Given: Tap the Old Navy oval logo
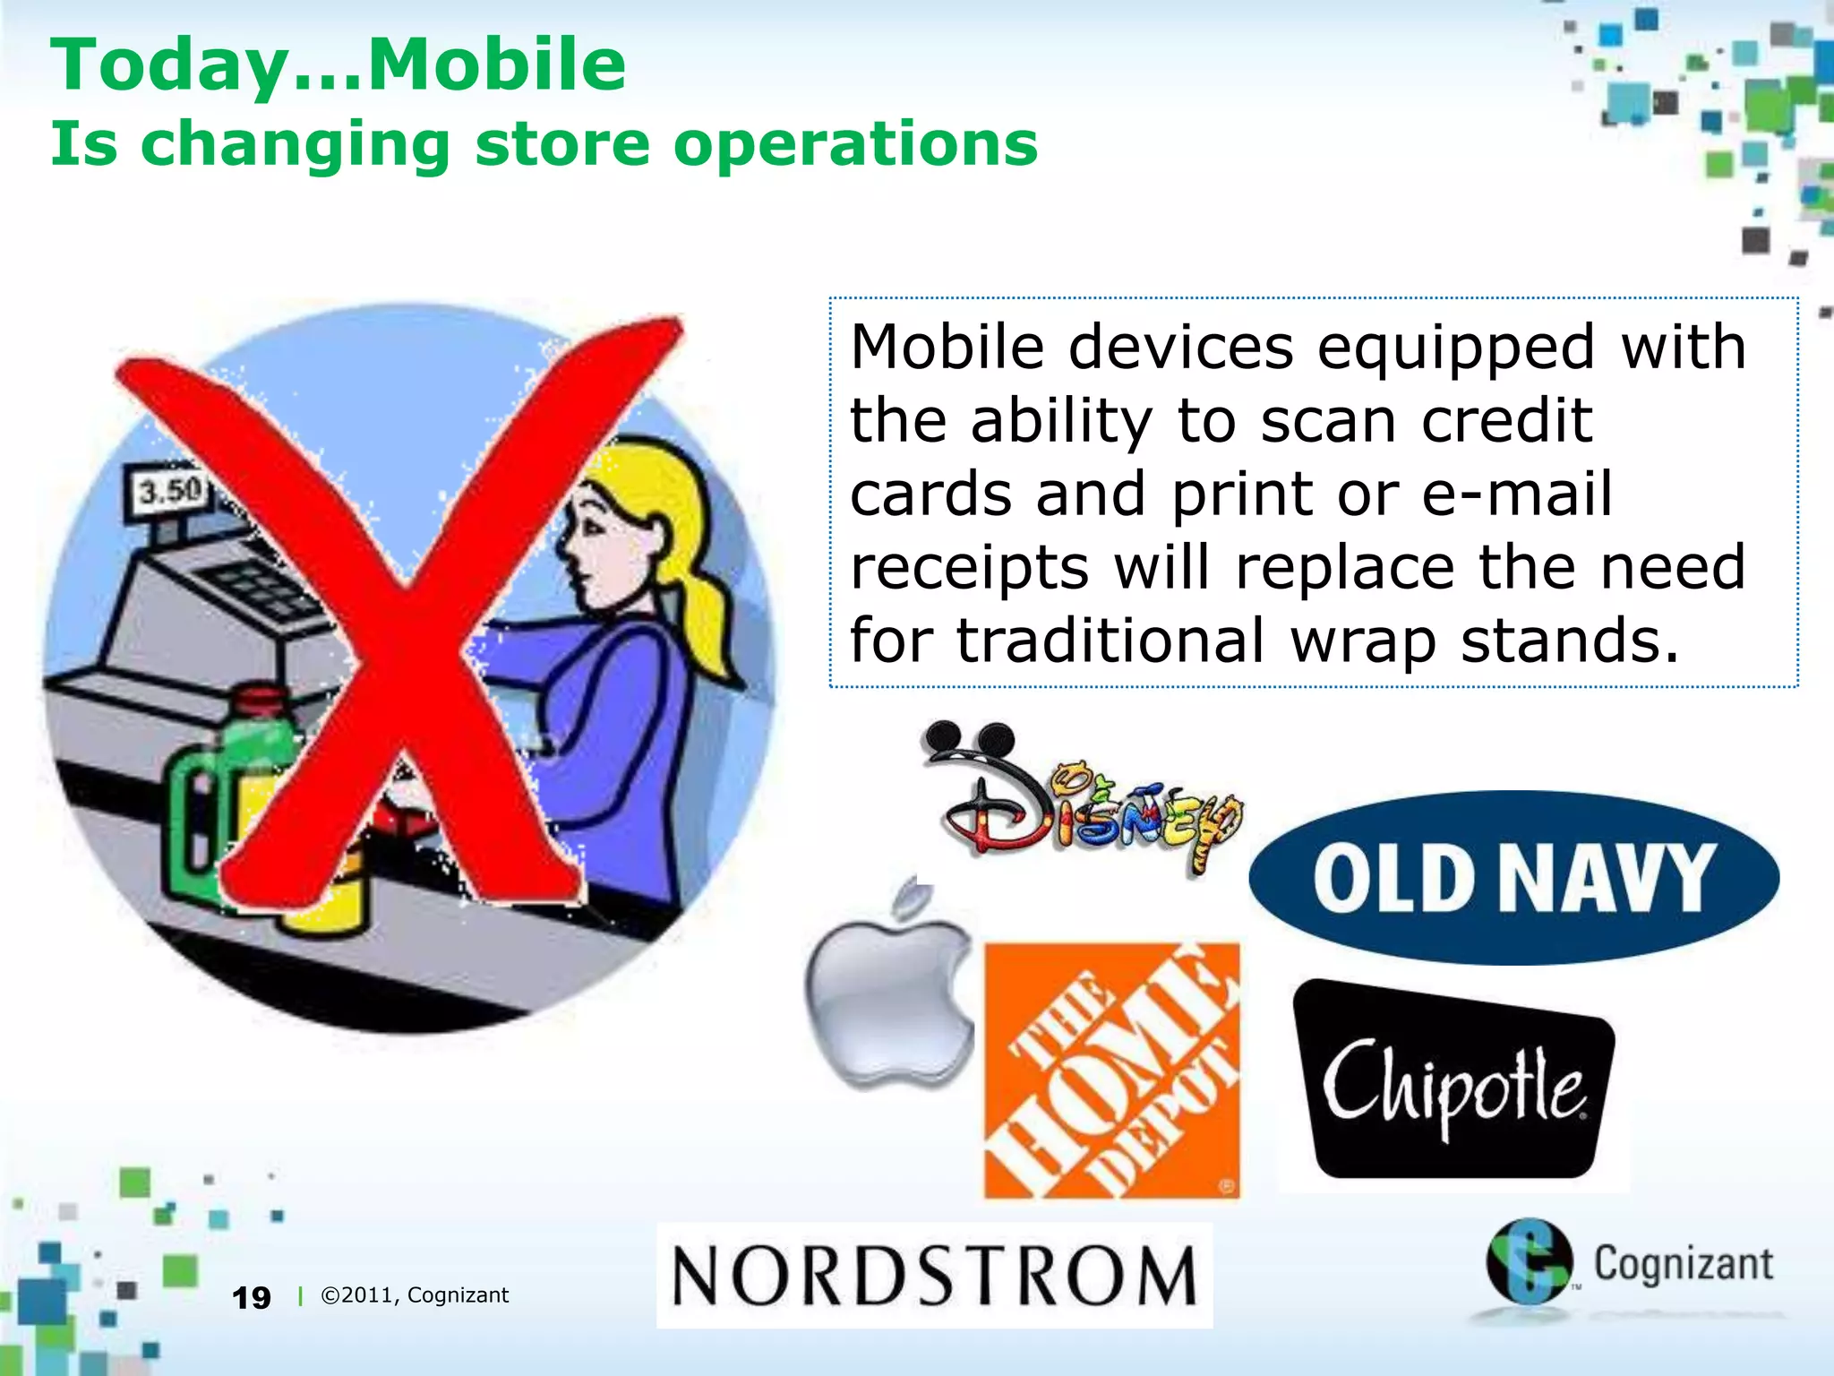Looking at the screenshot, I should pyautogui.click(x=1513, y=878).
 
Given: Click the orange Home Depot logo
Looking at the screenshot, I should pyautogui.click(x=1112, y=1071).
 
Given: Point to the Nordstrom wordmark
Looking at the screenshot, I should pyautogui.click(x=934, y=1275).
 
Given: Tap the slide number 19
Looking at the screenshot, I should pyautogui.click(x=251, y=1297).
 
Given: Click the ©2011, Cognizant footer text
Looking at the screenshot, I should pyautogui.click(x=415, y=1295).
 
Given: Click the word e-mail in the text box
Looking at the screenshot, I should pyautogui.click(x=1516, y=494).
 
